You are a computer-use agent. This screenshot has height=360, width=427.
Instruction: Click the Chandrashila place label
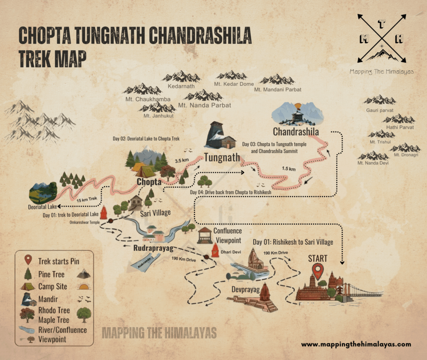coord(296,132)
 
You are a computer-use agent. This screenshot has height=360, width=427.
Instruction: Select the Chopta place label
coord(149,182)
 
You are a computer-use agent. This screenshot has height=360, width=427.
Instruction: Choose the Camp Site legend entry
coord(53,287)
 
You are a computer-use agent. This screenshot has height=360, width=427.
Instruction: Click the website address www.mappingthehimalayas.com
coord(356,344)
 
